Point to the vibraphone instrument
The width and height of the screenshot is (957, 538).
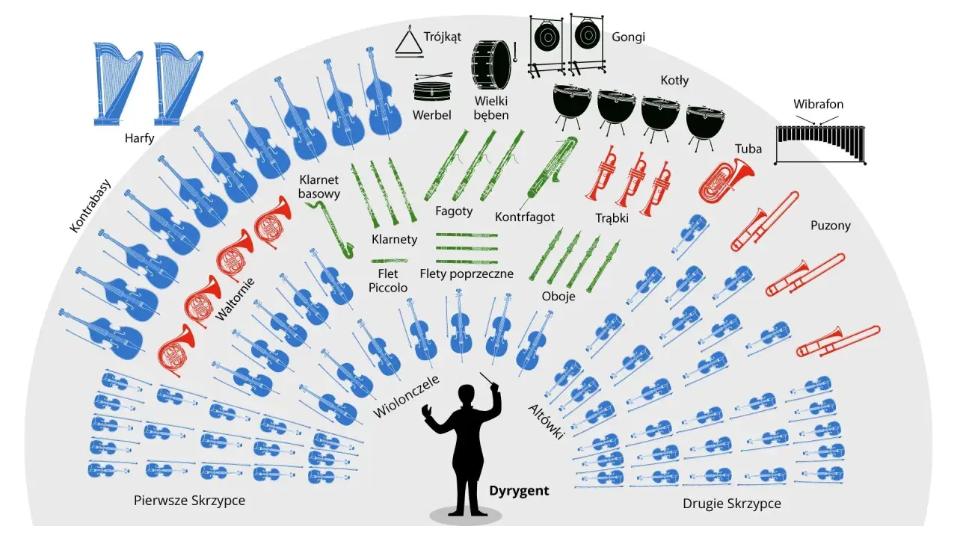click(x=820, y=144)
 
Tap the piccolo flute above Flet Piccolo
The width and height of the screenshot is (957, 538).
click(x=390, y=261)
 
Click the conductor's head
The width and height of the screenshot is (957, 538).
click(x=467, y=395)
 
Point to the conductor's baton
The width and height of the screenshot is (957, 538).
click(x=486, y=380)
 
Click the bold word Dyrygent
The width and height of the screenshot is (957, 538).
click(x=519, y=491)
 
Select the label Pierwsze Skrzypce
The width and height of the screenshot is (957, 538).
click(x=189, y=501)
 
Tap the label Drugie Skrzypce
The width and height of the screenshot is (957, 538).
click(x=731, y=504)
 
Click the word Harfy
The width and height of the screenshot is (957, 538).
click(x=139, y=138)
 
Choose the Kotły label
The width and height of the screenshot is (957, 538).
click(x=674, y=80)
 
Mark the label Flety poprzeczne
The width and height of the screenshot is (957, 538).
click(x=467, y=273)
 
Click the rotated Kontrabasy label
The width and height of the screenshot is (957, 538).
click(x=90, y=205)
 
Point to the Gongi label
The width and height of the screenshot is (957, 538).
click(x=628, y=37)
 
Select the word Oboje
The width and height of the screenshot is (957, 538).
click(x=558, y=296)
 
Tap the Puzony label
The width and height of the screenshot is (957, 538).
click(x=831, y=226)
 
